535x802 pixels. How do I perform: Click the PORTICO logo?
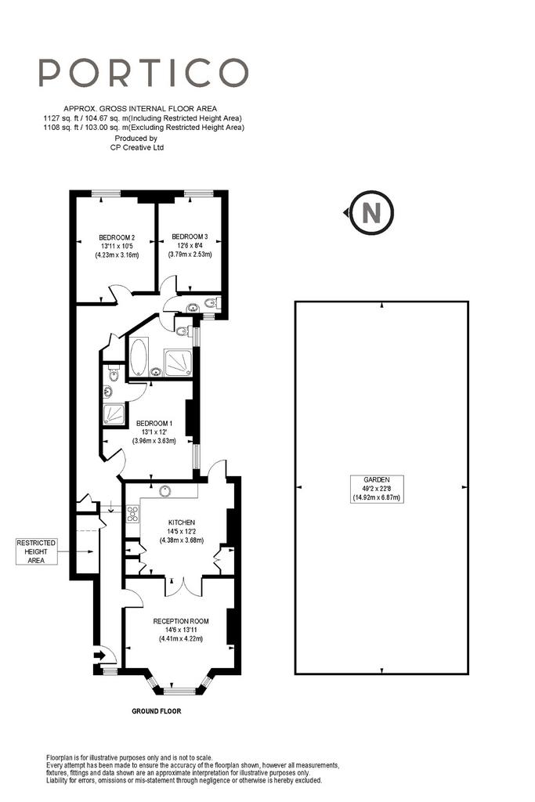143,72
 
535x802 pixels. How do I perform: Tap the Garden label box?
377,489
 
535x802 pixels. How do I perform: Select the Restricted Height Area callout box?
36,551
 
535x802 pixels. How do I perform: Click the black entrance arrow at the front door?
99,655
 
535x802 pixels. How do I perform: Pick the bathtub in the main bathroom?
138,356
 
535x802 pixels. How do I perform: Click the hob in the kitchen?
133,514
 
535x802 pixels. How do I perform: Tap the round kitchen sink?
165,490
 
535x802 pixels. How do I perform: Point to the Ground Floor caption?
157,711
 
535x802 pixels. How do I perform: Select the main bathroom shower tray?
178,363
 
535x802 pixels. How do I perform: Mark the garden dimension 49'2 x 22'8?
377,489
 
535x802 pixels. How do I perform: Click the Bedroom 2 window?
107,193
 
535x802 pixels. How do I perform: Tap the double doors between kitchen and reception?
183,586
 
